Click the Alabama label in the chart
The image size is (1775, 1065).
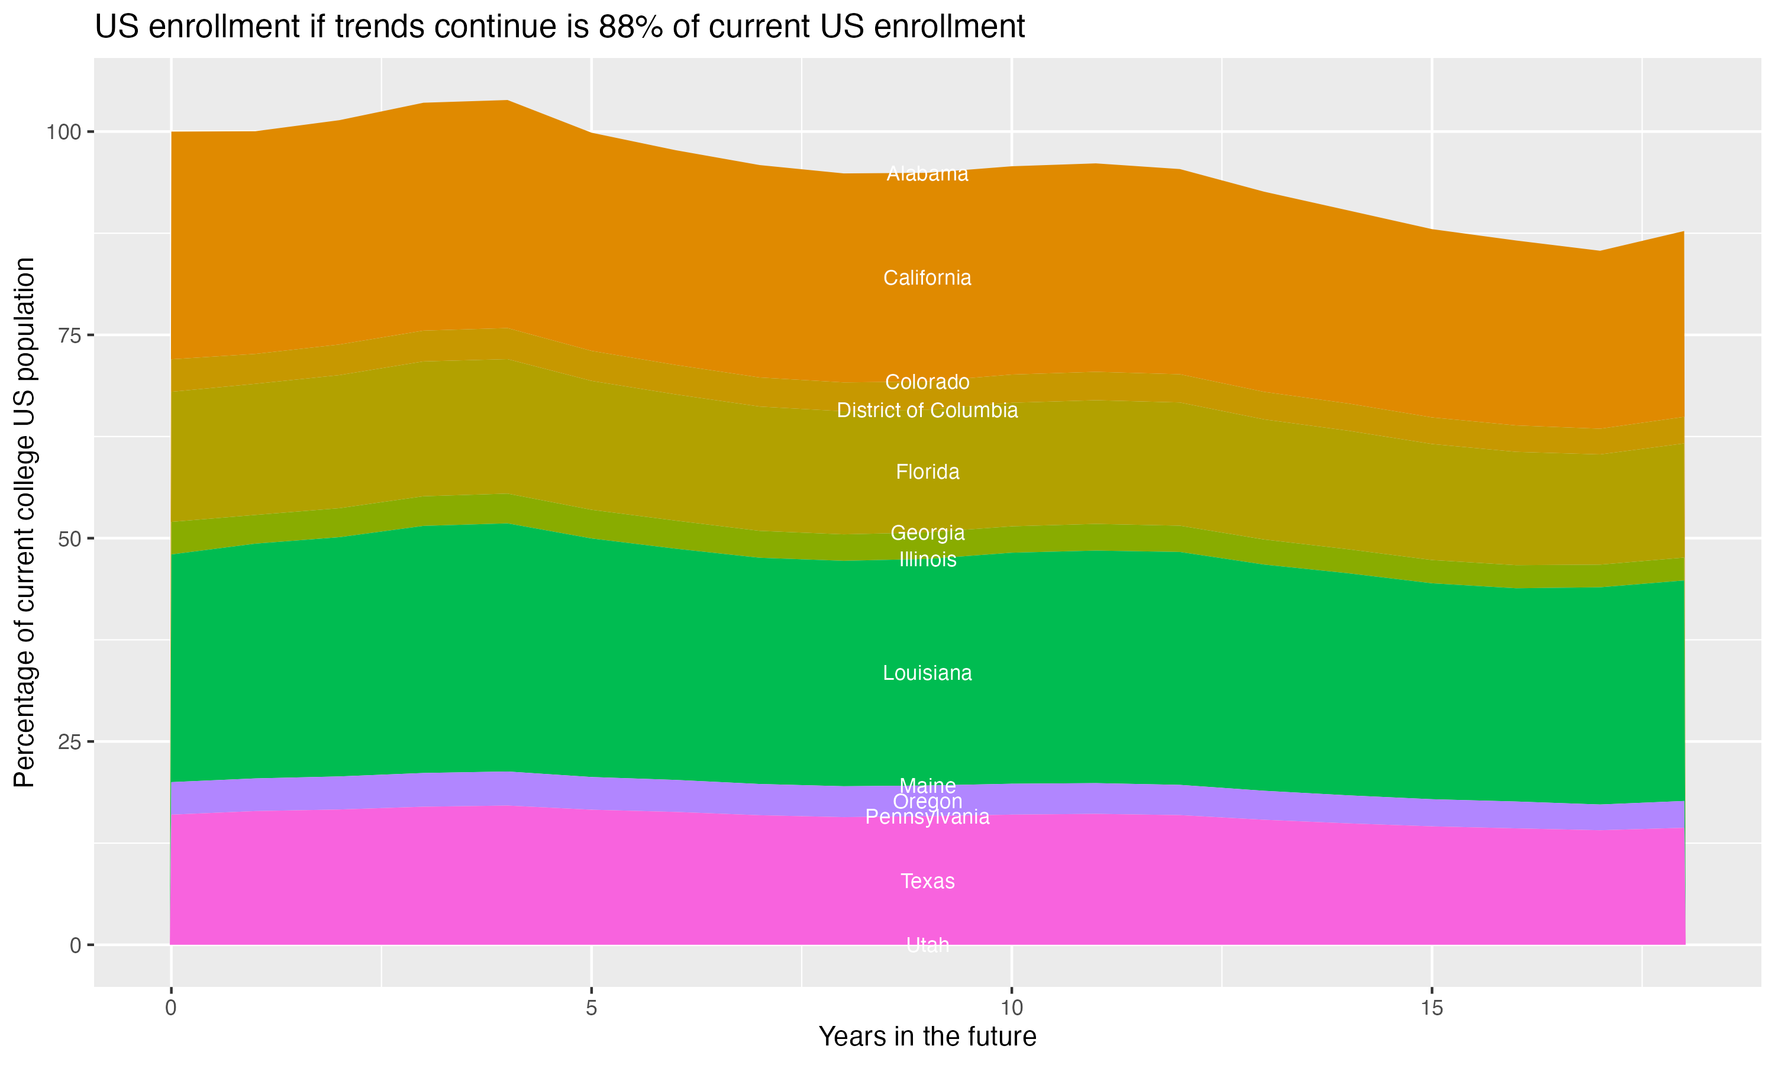coord(927,175)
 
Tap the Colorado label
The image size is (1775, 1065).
coord(927,382)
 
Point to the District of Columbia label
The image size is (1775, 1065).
coord(927,411)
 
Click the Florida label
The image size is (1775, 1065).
coord(927,472)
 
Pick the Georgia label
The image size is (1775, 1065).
coord(927,533)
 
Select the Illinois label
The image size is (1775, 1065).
coord(927,560)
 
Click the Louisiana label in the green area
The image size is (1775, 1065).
coord(927,673)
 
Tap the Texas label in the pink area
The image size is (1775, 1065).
coord(927,881)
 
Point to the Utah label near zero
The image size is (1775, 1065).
coord(927,945)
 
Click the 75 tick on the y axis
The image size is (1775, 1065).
coord(70,335)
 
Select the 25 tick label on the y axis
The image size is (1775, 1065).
coord(70,742)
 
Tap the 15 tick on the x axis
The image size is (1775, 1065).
coord(1431,1008)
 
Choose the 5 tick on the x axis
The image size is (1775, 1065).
coord(591,1008)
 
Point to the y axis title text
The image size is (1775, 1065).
coord(24,522)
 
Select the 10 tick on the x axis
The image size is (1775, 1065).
coord(1011,1008)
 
